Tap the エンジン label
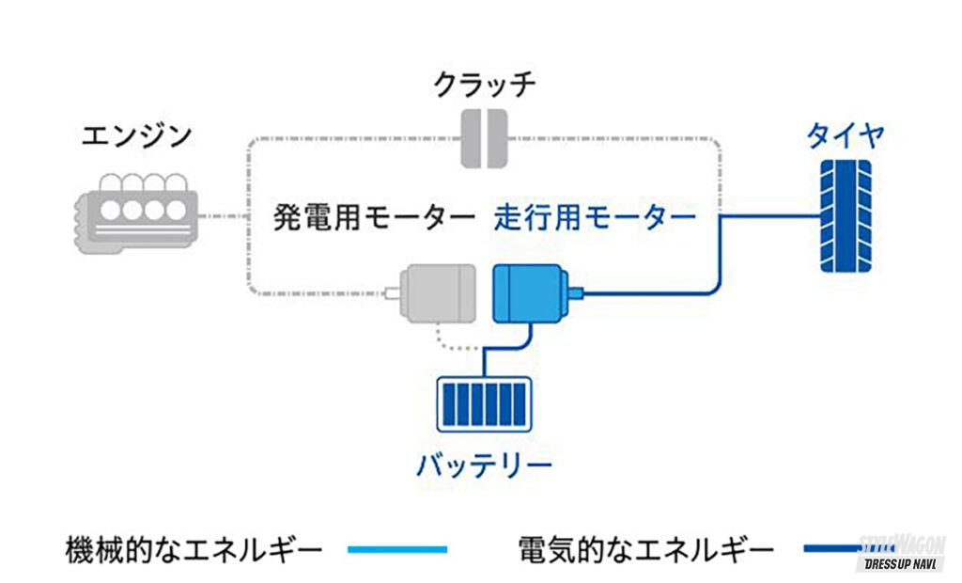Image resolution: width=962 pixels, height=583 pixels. coord(137,135)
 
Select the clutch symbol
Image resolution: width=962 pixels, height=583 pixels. coord(485,139)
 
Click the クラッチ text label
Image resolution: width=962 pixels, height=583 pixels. coord(485,86)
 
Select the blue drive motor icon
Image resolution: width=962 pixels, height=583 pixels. coord(531,292)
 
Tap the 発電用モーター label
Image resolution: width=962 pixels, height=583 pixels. coord(374,219)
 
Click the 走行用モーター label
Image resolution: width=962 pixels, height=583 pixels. coord(595,219)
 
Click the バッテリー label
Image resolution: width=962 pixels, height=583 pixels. coord(484,464)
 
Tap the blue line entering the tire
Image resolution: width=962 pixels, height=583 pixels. coord(770,216)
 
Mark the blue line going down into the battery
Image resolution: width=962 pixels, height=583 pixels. coord(485,362)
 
